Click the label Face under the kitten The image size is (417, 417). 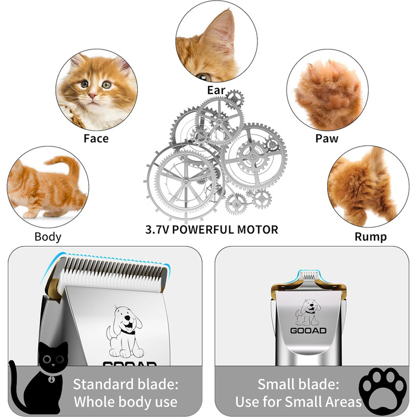coord(96,138)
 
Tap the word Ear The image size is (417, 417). coord(216,90)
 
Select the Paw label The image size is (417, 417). coord(326,138)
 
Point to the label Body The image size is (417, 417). coord(48,236)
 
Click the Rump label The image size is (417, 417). coord(371,236)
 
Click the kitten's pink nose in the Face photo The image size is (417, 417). coord(92,96)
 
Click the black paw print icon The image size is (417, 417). coord(382,390)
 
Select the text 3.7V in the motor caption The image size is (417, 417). coord(157,229)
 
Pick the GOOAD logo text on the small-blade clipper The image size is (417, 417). coord(308,331)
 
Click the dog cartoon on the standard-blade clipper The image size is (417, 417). coord(125,332)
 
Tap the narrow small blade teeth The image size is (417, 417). coord(308,275)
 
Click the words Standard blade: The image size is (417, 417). coord(126,384)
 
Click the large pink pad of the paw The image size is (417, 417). coord(337,102)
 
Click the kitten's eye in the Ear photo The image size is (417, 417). coord(204,77)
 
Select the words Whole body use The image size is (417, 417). coord(126,402)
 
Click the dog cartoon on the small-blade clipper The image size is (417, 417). coord(308,313)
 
